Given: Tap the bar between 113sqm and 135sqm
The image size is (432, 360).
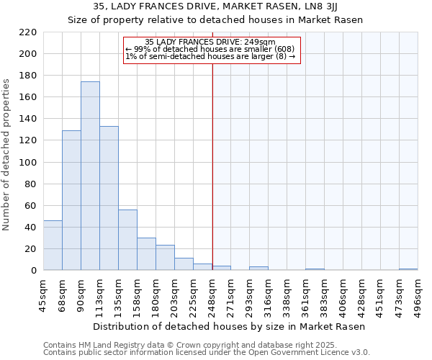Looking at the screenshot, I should (x=109, y=199).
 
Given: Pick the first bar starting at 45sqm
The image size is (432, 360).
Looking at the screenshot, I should (x=53, y=246).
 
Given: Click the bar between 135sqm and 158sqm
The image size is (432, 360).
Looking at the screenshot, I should (x=127, y=240).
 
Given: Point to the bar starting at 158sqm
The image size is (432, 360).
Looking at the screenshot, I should (x=146, y=254).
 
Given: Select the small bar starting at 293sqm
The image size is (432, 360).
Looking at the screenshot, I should (x=258, y=269).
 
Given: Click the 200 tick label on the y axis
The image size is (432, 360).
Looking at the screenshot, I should (x=29, y=54).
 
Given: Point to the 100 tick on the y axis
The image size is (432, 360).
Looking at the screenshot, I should (x=29, y=163).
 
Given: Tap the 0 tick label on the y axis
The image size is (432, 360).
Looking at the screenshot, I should (x=34, y=271).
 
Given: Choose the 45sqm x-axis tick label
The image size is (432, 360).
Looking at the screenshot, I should (x=44, y=292).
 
